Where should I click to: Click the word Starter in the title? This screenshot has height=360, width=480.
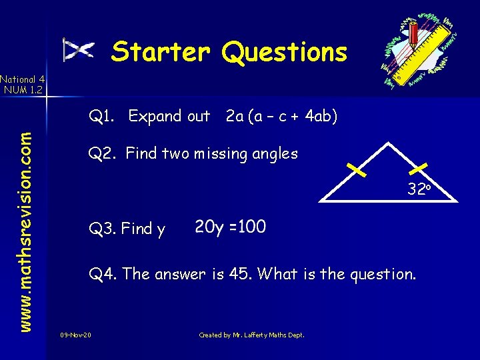160,52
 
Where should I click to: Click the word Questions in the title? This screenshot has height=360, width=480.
285,52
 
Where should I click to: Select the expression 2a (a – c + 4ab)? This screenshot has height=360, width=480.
281,117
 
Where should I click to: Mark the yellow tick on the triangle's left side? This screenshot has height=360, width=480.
357,171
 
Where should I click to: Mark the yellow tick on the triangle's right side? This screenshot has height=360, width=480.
422,169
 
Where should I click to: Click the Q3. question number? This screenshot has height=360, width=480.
104,229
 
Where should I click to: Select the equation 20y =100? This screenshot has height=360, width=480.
230,227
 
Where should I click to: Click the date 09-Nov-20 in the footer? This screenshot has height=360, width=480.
76,335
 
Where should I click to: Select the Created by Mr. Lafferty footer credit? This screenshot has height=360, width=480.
251,335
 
